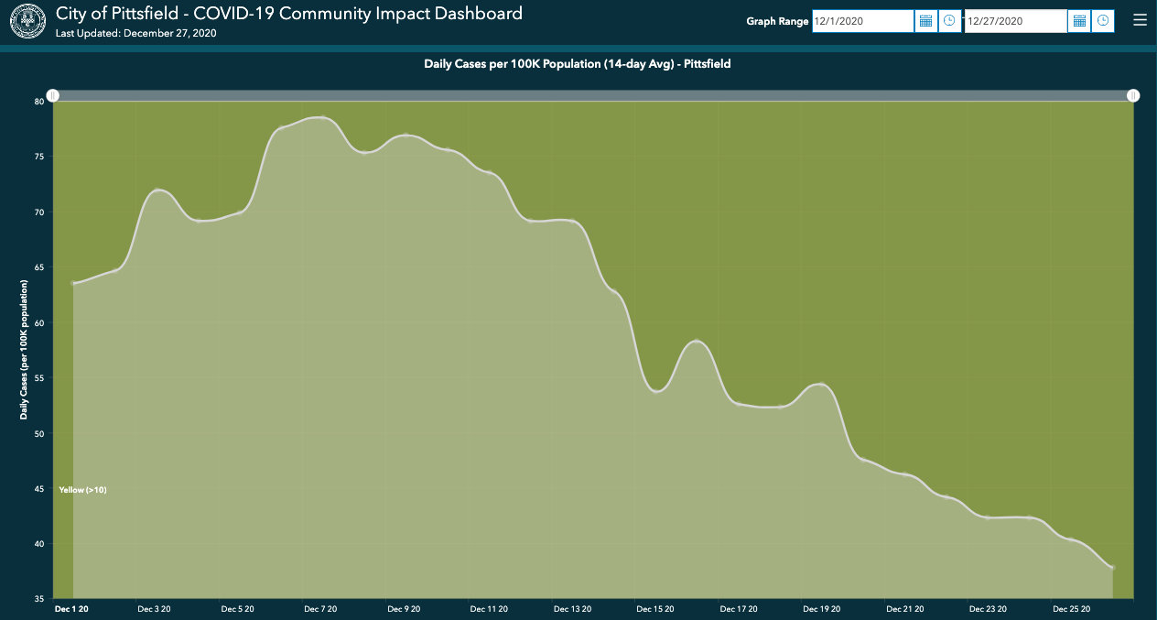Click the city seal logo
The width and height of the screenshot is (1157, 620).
[x=27, y=20]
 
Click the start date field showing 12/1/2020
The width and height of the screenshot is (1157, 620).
[x=862, y=21]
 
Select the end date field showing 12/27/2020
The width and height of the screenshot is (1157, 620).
[x=1015, y=21]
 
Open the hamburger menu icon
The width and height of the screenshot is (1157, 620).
[x=1140, y=20]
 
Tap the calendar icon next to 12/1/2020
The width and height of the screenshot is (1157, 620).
[x=925, y=21]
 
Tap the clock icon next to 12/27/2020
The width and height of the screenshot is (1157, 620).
[x=1103, y=21]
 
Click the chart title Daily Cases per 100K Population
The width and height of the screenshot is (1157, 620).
[x=577, y=64]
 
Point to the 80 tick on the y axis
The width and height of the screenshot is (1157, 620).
[x=39, y=102]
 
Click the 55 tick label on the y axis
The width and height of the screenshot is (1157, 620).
[x=39, y=378]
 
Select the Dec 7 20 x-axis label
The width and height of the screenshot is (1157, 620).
[x=320, y=609]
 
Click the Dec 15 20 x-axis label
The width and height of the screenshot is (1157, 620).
[x=654, y=609]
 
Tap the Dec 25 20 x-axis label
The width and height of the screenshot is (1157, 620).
[x=1071, y=609]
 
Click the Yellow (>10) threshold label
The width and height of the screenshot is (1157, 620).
[x=83, y=490]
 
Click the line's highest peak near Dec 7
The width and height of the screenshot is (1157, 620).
[x=321, y=117]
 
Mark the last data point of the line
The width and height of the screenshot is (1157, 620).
[x=1112, y=568]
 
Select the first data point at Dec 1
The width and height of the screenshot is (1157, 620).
[x=74, y=283]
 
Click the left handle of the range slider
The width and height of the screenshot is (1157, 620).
[x=53, y=95]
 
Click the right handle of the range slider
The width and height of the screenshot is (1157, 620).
[x=1133, y=95]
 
